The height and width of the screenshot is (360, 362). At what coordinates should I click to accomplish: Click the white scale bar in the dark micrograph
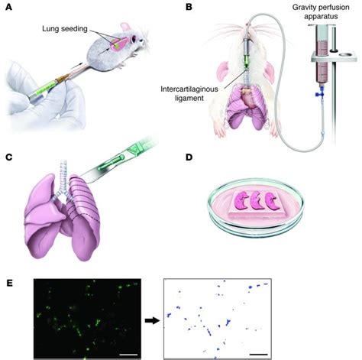[128, 353]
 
